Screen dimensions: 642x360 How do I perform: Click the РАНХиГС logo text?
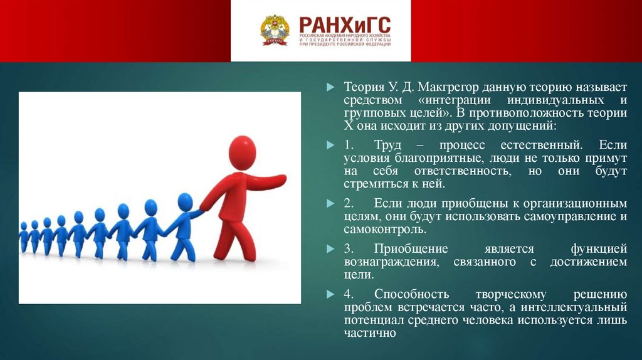pos(345,25)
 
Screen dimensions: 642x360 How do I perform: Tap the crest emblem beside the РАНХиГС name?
pos(275,30)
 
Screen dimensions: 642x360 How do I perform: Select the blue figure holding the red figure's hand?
pos(182,227)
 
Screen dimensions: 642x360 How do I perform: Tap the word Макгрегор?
pos(448,87)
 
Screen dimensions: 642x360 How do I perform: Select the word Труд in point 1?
pos(387,145)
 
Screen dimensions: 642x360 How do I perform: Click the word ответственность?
pos(463,171)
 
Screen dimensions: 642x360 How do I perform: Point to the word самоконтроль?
pos(385,230)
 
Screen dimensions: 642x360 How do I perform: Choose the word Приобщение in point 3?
pos(411,249)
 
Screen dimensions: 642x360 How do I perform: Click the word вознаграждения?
pos(391,262)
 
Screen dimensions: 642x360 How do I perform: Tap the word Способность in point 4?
pos(411,295)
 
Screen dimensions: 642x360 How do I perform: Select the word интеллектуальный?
pos(574,307)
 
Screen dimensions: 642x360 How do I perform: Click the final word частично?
pos(370,333)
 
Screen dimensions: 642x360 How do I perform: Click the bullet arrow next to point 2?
pos(330,204)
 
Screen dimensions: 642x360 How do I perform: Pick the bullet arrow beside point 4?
pos(330,294)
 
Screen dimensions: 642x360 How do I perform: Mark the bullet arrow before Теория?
pos(330,87)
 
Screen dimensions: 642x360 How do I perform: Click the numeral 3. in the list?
pos(349,249)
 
